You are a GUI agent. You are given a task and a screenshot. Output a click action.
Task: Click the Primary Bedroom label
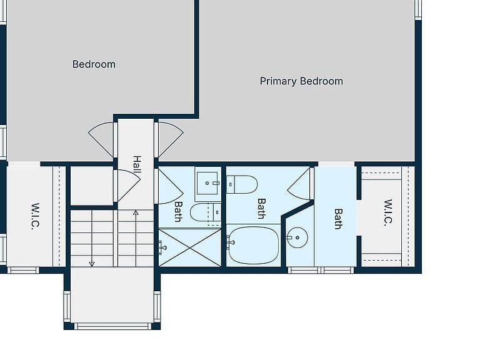click(x=301, y=81)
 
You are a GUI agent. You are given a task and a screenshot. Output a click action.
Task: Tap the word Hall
click(x=137, y=164)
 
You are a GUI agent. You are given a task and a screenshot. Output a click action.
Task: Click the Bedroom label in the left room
click(x=94, y=64)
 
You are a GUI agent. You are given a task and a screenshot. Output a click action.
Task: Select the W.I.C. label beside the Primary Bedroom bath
click(x=388, y=212)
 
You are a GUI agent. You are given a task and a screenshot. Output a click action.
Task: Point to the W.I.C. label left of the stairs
click(x=36, y=216)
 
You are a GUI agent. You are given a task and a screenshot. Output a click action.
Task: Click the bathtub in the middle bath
click(x=254, y=245)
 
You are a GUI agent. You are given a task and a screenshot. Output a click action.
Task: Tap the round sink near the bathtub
click(x=297, y=237)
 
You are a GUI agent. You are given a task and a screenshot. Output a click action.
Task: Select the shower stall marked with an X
click(x=190, y=247)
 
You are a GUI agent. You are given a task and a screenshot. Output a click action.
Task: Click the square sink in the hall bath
click(x=207, y=183)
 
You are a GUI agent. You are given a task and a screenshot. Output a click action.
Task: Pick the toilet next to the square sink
click(x=205, y=212)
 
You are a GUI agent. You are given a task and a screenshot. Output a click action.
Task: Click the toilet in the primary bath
click(x=242, y=184)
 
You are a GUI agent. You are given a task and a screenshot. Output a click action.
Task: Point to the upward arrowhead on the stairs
click(x=136, y=212)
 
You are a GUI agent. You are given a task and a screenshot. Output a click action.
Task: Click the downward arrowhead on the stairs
click(x=91, y=264)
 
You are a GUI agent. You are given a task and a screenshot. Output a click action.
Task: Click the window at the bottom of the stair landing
click(x=113, y=326)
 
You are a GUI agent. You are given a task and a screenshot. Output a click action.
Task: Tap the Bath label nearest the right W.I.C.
click(x=338, y=219)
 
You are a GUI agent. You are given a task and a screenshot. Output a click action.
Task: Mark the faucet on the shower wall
click(x=162, y=247)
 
